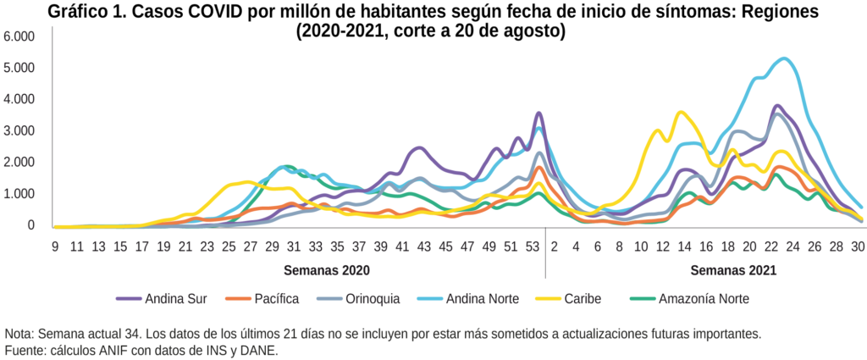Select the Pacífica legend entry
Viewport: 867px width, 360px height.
click(276, 298)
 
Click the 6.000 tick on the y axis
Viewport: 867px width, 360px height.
click(19, 36)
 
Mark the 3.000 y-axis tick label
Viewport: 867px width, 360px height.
click(19, 130)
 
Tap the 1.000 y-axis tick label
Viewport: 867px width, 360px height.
click(19, 194)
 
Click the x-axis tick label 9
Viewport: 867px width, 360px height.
click(55, 246)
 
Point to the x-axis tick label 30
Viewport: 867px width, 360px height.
click(858, 246)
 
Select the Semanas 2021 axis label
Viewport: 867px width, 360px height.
click(733, 271)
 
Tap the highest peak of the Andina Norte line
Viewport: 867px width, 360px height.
click(785, 58)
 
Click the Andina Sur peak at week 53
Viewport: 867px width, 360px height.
click(538, 113)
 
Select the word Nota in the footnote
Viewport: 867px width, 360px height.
click(19, 334)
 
